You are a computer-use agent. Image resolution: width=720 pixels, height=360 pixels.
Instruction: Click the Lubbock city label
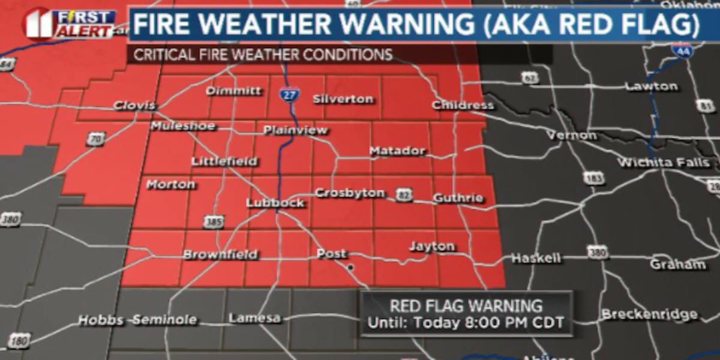[x=275, y=203]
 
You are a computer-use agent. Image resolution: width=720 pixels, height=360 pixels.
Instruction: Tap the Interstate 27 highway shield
[x=290, y=95]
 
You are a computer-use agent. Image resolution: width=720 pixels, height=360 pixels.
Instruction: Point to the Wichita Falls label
[x=663, y=163]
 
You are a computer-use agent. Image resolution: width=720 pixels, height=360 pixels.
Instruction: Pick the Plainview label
[x=295, y=130]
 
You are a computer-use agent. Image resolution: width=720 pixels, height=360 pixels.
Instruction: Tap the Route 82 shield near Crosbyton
[x=403, y=195]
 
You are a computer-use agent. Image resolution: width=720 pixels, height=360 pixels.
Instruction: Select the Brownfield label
[x=220, y=254]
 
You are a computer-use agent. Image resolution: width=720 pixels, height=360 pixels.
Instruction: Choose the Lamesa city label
[x=254, y=318]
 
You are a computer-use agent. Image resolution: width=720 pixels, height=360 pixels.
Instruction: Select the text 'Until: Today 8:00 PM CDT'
[x=466, y=323]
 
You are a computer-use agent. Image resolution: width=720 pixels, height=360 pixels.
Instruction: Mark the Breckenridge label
[x=649, y=314]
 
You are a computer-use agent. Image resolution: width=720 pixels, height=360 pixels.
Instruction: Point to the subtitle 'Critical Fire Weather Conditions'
[x=263, y=55]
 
